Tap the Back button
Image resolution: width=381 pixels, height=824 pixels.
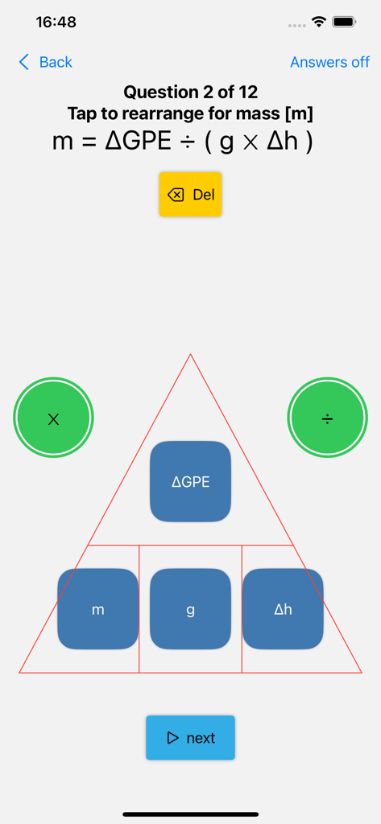pos(46,62)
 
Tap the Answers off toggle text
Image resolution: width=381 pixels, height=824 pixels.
pos(329,62)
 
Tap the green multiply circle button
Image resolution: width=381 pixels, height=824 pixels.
pos(54,418)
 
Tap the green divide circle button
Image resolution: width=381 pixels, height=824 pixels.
pos(327,418)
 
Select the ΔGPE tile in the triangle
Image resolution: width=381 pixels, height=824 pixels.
pos(190,481)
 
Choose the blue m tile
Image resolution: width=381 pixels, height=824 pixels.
pos(97,609)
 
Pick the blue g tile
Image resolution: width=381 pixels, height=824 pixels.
pos(190,609)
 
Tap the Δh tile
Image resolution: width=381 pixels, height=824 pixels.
pos(283,609)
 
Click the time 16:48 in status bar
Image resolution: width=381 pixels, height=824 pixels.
pos(56,23)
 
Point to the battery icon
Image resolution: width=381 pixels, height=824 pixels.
pos(344,22)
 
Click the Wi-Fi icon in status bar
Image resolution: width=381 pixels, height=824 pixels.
pos(319,22)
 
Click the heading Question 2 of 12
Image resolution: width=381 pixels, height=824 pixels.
pos(190,92)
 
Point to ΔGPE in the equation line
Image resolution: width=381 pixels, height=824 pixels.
pos(139,142)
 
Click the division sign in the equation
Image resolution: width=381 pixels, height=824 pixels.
pos(187,142)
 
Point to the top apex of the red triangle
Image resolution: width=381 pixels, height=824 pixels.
pos(190,355)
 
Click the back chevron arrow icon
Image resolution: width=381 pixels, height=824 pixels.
pos(24,62)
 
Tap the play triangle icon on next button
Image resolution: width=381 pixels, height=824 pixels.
pos(173,738)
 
